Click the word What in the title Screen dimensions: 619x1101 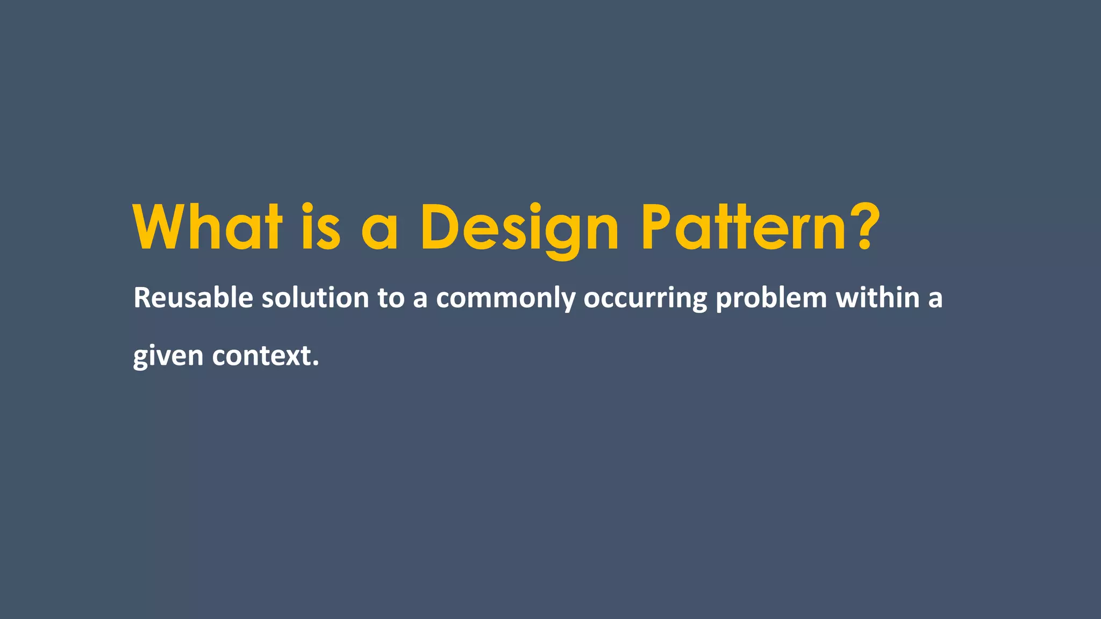click(x=208, y=228)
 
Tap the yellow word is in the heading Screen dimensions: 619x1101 click(x=321, y=228)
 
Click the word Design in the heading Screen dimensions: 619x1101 click(x=519, y=229)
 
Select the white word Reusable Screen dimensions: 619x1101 click(x=193, y=298)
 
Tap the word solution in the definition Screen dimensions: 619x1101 click(x=315, y=298)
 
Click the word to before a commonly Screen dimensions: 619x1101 click(x=391, y=299)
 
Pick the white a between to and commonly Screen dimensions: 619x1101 click(x=420, y=300)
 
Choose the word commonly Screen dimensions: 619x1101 click(x=505, y=299)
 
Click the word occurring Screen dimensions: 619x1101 click(x=645, y=299)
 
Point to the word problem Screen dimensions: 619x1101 click(x=771, y=299)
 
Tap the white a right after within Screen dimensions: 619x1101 click(x=935, y=300)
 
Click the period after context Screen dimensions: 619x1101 click(x=316, y=364)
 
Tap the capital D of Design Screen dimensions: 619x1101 click(x=439, y=228)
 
